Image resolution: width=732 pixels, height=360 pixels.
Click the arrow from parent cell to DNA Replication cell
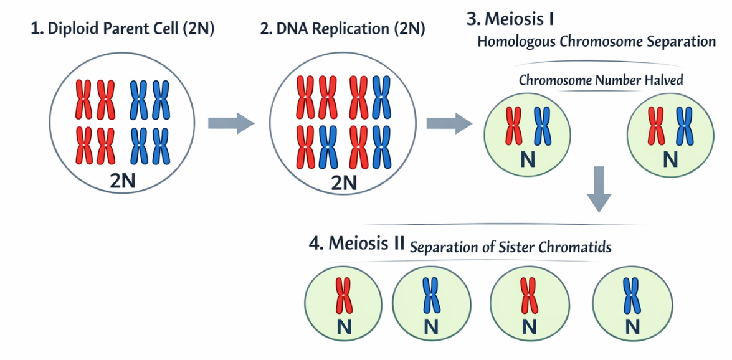[x=231, y=123]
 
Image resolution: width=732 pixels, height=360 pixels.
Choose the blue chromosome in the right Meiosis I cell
[x=685, y=126]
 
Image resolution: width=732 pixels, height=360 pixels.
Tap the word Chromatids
[x=576, y=247]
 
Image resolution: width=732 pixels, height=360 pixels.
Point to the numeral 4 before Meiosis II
[x=314, y=244]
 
